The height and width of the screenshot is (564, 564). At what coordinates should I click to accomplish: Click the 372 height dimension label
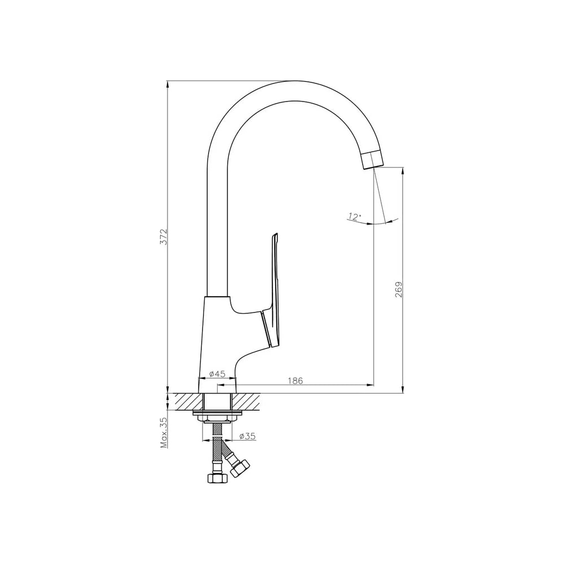pyautogui.click(x=164, y=236)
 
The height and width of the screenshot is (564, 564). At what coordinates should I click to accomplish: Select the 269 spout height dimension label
pyautogui.click(x=399, y=289)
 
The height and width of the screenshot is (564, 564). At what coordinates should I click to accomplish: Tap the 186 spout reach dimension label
pyautogui.click(x=296, y=381)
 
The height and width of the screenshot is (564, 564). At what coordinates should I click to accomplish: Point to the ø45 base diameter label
pyautogui.click(x=217, y=374)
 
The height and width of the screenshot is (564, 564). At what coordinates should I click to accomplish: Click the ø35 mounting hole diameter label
pyautogui.click(x=247, y=436)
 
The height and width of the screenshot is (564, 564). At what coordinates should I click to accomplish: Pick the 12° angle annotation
pyautogui.click(x=354, y=216)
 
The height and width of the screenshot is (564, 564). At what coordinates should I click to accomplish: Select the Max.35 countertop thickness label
pyautogui.click(x=164, y=433)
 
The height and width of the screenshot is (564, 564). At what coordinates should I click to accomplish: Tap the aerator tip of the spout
pyautogui.click(x=372, y=160)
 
